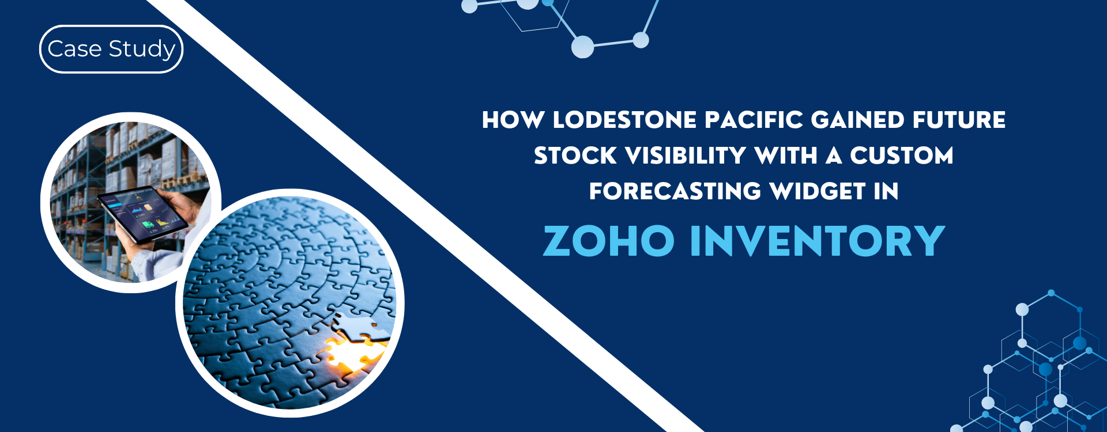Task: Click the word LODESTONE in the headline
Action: pos(625,120)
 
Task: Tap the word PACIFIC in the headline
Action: pos(754,120)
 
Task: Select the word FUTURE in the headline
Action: pos(959,120)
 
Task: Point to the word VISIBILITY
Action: pos(686,156)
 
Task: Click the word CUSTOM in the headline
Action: pos(902,156)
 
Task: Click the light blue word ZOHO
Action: pos(609,241)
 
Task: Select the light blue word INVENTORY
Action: pos(818,241)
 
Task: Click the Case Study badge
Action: pos(111,50)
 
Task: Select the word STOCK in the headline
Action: pos(575,156)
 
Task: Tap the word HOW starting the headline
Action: pos(513,120)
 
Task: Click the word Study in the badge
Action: pos(142,50)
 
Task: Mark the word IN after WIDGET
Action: pos(886,191)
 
